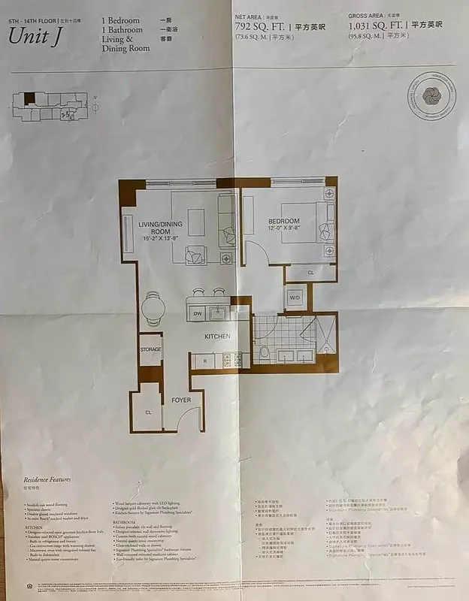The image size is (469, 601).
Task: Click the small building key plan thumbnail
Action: click(x=48, y=105)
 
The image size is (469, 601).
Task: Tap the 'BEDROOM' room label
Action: click(x=283, y=222)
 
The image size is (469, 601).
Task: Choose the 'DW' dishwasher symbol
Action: click(x=198, y=314)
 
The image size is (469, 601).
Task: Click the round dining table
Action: click(x=152, y=307)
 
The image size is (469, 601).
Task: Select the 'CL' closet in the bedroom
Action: click(x=310, y=273)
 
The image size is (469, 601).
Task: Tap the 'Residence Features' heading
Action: click(x=47, y=479)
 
